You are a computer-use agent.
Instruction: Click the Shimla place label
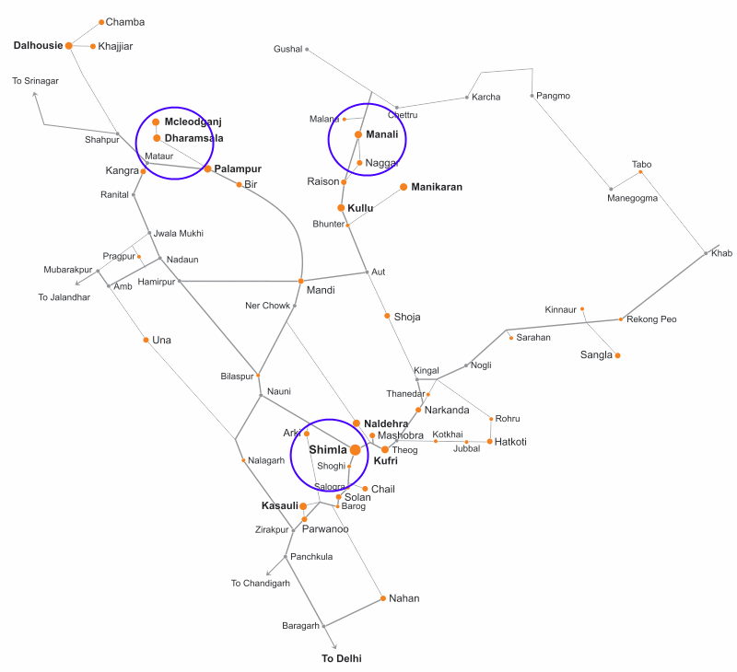[327, 450]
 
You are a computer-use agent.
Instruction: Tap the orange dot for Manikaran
[403, 187]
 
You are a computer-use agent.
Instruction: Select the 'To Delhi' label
[341, 658]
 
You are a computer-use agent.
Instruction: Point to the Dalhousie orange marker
[69, 45]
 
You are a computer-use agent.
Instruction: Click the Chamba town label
[125, 21]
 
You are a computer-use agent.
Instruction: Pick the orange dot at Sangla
[617, 355]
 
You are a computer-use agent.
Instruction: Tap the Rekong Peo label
[651, 319]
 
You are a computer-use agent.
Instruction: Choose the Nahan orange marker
[383, 598]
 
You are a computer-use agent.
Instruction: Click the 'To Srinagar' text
[35, 81]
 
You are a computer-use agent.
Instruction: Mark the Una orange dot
[146, 340]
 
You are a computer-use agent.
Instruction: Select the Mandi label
[321, 290]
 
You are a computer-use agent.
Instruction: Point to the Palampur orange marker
[208, 168]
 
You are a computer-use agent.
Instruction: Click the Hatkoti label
[510, 442]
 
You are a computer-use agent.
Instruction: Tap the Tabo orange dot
[641, 173]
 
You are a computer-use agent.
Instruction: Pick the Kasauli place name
[279, 505]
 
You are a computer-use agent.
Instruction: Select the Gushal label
[288, 49]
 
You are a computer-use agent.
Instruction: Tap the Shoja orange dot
[387, 316]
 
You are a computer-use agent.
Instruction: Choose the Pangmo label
[553, 96]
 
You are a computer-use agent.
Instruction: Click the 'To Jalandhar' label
[64, 297]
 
